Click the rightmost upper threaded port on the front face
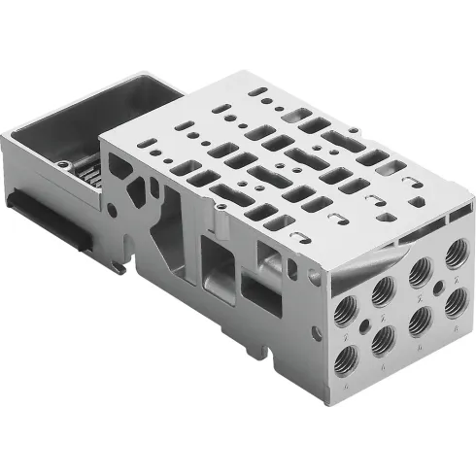[452, 255]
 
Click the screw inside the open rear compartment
[64, 165]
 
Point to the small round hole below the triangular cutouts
[114, 208]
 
